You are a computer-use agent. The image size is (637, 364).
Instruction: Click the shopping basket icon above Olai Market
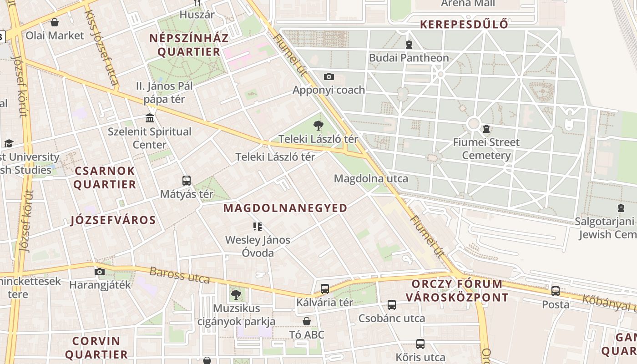pos(55,22)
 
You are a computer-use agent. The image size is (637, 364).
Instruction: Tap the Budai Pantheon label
pos(409,58)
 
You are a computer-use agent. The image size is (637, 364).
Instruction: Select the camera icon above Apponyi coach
pos(329,77)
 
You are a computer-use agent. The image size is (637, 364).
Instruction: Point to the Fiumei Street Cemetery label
pos(486,149)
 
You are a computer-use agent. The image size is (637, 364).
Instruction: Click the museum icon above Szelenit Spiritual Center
pos(149,119)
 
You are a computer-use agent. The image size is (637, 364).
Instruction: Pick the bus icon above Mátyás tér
pos(187,181)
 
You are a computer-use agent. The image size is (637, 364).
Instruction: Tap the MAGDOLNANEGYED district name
pos(285,208)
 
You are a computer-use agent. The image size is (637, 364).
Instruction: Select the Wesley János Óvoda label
pos(258,246)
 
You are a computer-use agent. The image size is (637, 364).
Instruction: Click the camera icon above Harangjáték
pos(100,272)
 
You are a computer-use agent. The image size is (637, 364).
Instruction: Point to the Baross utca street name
pos(180,275)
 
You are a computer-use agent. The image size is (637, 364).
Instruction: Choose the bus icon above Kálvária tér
pos(325,289)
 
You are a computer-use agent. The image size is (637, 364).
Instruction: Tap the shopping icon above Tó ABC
pos(307,322)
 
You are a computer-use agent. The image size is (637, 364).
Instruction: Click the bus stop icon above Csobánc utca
pos(392,305)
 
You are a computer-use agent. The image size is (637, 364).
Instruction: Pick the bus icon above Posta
pos(556,291)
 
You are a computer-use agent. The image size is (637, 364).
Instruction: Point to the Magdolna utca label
pos(371,179)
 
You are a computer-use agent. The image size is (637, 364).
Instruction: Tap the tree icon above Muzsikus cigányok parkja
pos(236,295)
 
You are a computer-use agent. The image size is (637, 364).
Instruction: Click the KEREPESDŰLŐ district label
pos(464,25)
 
